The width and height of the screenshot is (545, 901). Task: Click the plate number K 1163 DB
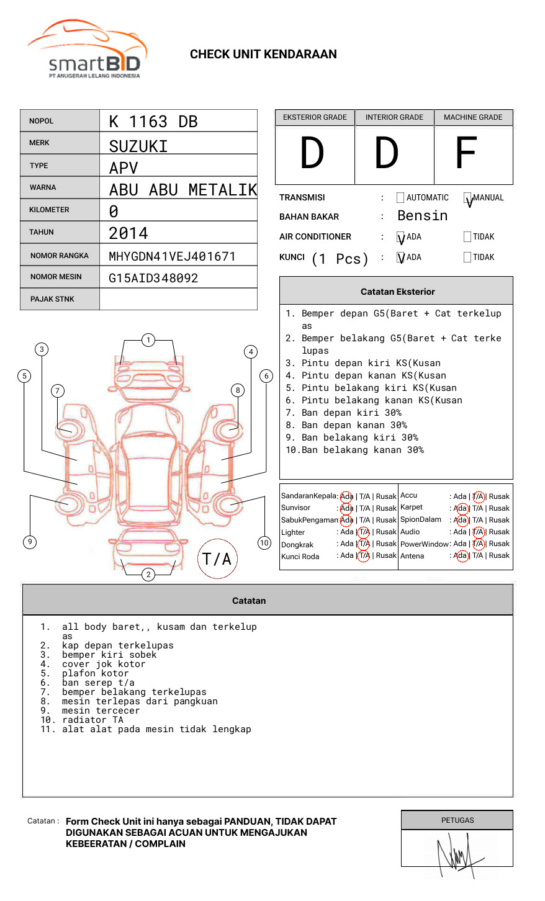(x=153, y=122)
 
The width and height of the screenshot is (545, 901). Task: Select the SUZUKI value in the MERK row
(x=138, y=146)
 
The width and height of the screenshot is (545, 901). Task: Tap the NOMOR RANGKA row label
(x=60, y=256)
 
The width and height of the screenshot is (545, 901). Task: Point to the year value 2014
(x=128, y=234)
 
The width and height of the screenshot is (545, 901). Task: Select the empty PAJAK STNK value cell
(x=178, y=299)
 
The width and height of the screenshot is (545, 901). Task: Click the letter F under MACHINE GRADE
(x=466, y=153)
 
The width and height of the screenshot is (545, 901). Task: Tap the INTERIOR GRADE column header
(x=394, y=117)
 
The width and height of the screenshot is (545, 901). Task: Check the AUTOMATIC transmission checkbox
(x=400, y=198)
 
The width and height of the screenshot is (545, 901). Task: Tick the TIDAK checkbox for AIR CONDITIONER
(x=467, y=237)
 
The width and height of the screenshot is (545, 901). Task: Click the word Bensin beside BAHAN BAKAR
(x=422, y=216)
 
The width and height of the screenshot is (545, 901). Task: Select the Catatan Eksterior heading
(x=397, y=292)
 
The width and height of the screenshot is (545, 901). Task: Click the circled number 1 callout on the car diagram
(x=148, y=340)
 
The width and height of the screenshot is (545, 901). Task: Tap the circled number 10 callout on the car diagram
(x=264, y=543)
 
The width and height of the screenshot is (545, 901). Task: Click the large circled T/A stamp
(x=217, y=559)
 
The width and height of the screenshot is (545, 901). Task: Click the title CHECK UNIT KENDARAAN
(x=263, y=55)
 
